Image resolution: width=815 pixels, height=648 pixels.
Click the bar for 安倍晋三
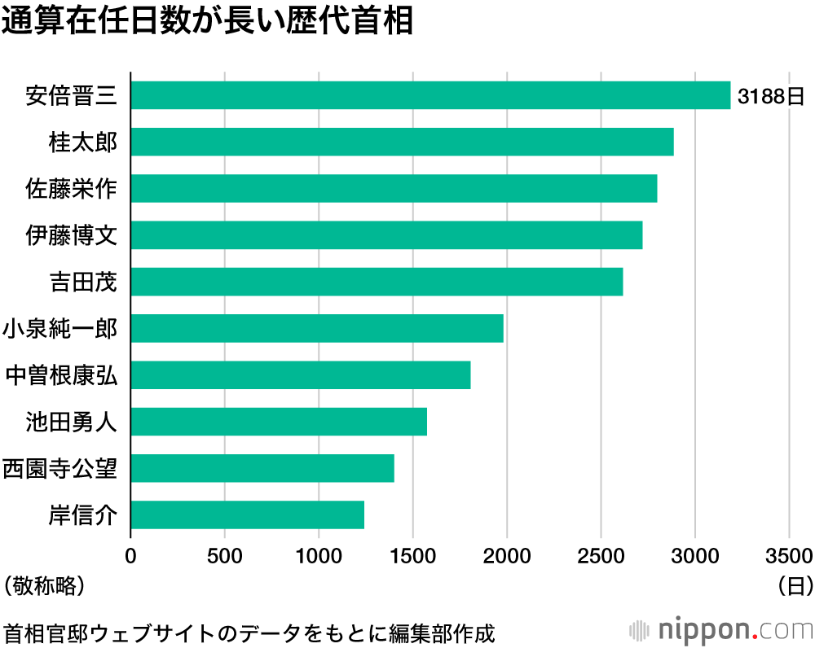(430, 95)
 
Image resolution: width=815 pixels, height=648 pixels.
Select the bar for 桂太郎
(402, 142)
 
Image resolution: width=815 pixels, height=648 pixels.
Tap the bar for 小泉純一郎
(317, 328)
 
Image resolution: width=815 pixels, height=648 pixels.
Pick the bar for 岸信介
(247, 514)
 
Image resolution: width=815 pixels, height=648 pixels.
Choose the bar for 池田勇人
(279, 422)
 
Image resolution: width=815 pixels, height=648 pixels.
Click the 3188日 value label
(771, 96)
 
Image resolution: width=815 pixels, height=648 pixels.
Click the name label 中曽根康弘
(61, 375)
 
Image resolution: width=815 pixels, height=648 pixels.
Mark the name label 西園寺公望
(61, 468)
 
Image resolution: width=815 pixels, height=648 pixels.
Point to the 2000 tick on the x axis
(507, 556)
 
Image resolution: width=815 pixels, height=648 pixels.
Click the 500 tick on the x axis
(225, 556)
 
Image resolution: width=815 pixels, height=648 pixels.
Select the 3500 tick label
(789, 556)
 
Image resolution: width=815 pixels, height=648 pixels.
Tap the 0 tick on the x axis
(130, 556)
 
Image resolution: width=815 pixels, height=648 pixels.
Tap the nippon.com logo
(722, 630)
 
